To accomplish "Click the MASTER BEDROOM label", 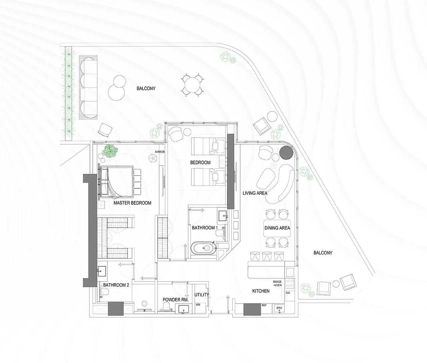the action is [x=132, y=203].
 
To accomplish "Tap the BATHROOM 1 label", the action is [x=205, y=228].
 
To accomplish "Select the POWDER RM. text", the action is [x=175, y=300].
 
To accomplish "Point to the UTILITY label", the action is [x=201, y=295].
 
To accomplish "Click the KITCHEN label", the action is [x=261, y=291].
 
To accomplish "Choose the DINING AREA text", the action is [x=277, y=228].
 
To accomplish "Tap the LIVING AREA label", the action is [x=255, y=193].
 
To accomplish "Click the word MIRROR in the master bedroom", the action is [x=160, y=152].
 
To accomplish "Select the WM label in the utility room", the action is [x=198, y=305].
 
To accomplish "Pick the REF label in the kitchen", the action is [x=264, y=305].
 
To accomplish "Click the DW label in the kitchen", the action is [x=288, y=293].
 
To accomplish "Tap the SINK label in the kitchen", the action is [x=279, y=308].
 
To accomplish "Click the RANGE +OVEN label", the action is [x=277, y=284].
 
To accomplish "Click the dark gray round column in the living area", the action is [x=286, y=153].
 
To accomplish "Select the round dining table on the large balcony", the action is [x=192, y=85].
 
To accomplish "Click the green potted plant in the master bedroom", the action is [x=111, y=151].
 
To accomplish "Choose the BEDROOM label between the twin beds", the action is [x=200, y=163].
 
